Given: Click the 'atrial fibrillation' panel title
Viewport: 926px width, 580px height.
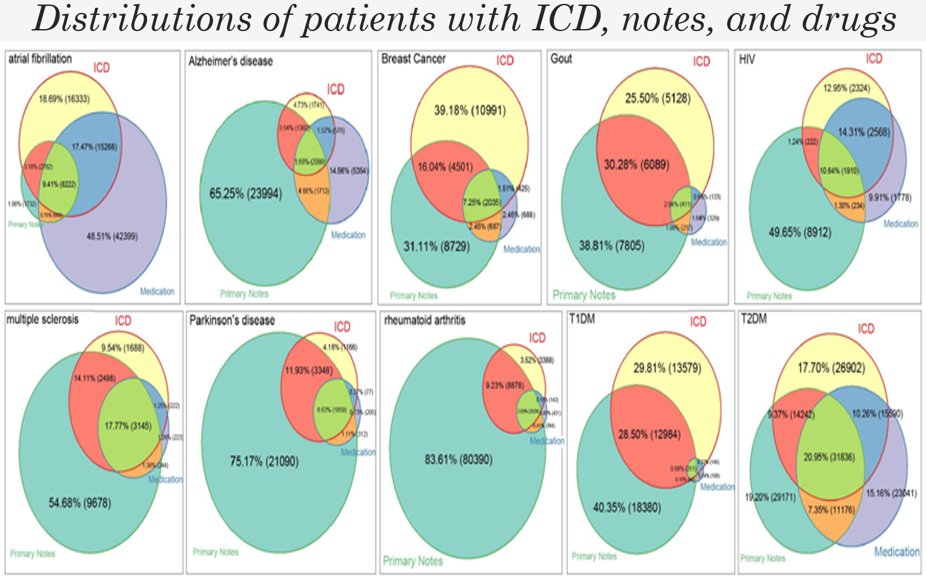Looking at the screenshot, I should (x=40, y=59).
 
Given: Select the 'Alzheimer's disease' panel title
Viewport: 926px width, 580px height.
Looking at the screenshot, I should (x=230, y=61).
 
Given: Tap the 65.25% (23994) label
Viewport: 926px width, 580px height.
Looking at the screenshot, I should (x=246, y=193).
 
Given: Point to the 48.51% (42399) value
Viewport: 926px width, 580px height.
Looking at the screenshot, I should (x=112, y=236).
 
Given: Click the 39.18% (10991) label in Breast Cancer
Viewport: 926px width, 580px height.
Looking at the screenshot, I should (x=470, y=110).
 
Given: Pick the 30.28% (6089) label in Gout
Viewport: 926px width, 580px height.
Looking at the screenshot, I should (x=637, y=164).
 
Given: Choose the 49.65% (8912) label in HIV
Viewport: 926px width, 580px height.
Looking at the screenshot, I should (x=800, y=232).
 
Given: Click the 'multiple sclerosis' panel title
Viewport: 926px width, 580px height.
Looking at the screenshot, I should (x=43, y=320).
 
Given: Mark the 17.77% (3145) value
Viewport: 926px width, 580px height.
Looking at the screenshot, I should (x=128, y=425).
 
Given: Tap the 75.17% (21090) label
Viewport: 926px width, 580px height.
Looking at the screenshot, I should (x=264, y=462).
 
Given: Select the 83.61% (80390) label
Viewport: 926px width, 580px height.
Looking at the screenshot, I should (x=458, y=460).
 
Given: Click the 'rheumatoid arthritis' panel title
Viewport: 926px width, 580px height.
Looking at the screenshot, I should (x=424, y=320).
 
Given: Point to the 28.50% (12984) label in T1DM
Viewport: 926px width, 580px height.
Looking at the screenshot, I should (x=649, y=434).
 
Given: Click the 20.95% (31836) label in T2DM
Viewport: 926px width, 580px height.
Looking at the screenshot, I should (x=829, y=457).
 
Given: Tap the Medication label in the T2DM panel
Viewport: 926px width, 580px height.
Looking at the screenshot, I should (x=897, y=552).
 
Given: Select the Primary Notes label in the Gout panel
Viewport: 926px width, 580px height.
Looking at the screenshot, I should (x=584, y=295).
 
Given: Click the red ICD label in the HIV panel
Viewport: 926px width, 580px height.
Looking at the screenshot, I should (x=874, y=59).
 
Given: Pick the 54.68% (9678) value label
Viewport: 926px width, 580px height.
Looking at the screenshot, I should (x=80, y=503).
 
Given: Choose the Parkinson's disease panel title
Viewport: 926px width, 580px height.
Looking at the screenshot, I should (x=232, y=320).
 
